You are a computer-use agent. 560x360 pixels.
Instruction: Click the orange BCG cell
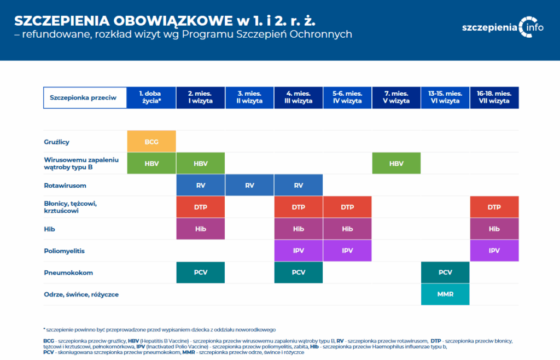tap(151, 141)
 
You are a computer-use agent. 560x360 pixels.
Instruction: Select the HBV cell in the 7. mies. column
tap(396, 163)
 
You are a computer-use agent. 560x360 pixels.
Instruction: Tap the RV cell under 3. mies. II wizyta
tap(249, 185)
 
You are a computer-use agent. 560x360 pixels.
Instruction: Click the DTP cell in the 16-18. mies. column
tap(494, 207)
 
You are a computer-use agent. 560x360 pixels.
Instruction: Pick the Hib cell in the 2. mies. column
tap(200, 229)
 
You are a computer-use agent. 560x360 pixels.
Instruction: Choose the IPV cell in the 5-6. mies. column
tap(347, 251)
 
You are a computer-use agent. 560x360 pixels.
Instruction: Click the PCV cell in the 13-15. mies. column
tap(445, 272)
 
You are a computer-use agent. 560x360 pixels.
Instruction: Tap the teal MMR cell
tap(445, 294)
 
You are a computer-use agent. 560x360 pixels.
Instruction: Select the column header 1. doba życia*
tap(151, 97)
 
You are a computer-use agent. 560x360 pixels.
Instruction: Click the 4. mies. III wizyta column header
tap(299, 97)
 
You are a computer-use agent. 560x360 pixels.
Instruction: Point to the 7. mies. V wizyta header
tap(396, 97)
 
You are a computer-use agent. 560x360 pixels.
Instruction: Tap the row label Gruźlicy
tap(57, 142)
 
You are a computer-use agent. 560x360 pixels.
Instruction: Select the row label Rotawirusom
tap(65, 185)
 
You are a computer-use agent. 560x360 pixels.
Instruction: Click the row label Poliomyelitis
tap(65, 251)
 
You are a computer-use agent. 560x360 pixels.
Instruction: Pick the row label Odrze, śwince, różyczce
tap(81, 294)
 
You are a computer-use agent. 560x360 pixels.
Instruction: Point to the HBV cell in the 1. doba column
tap(151, 163)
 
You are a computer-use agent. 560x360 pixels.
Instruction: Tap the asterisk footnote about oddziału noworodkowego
tap(159, 329)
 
